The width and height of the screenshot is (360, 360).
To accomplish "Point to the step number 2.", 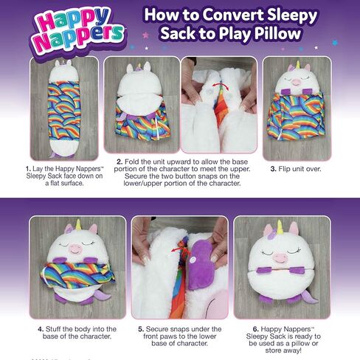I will [x=118, y=161].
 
